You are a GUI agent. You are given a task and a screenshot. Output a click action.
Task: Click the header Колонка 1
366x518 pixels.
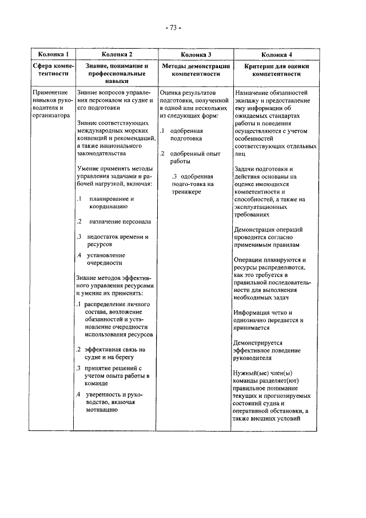[x=53, y=54]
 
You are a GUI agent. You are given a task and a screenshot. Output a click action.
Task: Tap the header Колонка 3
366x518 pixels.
[x=196, y=54]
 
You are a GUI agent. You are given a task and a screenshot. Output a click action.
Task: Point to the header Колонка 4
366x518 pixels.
[x=276, y=54]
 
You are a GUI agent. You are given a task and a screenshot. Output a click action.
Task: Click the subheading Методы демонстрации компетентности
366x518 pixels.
[x=196, y=70]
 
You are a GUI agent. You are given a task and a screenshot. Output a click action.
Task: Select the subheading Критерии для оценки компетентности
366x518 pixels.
[x=276, y=70]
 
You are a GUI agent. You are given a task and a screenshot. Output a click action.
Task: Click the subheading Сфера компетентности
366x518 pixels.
[x=53, y=70]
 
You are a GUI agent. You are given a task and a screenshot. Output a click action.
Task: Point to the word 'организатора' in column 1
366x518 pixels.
[x=51, y=114]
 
